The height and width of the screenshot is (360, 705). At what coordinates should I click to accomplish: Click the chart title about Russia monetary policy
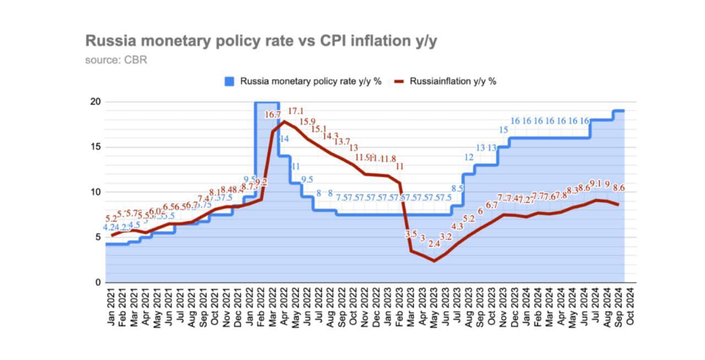[x=261, y=41]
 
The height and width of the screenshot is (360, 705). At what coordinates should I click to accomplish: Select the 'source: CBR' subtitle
[x=116, y=59]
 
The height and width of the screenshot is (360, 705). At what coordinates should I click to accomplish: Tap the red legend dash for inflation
[x=400, y=81]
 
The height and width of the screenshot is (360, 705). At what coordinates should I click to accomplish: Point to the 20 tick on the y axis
[x=95, y=102]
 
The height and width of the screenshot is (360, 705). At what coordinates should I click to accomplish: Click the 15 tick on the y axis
[x=95, y=147]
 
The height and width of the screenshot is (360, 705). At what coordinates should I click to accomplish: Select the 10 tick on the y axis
[x=95, y=192]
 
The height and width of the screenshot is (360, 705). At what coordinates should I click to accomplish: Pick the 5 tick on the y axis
[x=97, y=237]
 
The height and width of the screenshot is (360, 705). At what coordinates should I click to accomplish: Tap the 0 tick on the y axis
[x=97, y=282]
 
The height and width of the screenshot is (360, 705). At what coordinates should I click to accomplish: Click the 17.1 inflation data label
[x=296, y=111]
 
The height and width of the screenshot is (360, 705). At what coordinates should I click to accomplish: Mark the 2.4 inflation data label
[x=434, y=243]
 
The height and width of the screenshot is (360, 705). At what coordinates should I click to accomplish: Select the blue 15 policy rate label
[x=503, y=130]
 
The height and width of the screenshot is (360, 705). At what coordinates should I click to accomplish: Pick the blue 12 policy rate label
[x=469, y=157]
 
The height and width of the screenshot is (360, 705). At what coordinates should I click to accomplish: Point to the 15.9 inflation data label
[x=307, y=121]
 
